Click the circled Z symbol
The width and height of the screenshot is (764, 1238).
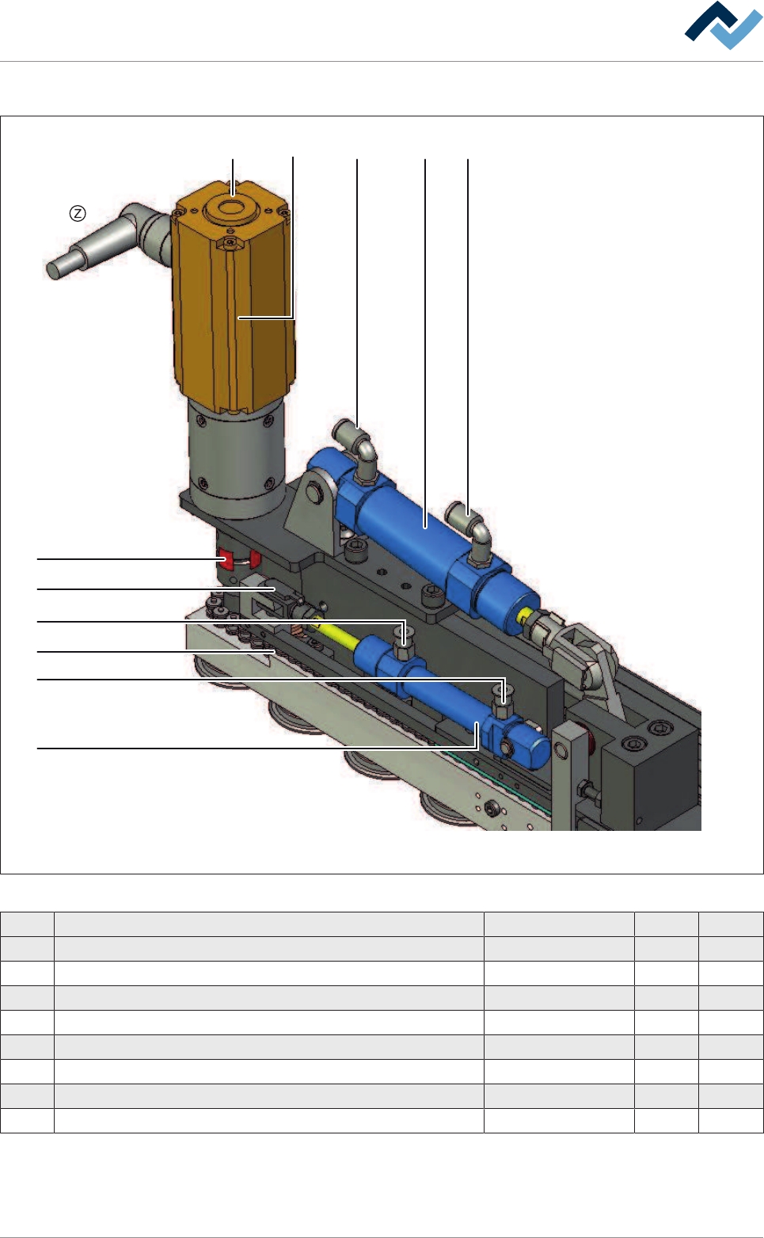[x=78, y=213]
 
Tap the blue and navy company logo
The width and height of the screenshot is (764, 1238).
[x=724, y=25]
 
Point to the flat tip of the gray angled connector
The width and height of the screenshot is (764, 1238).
[x=54, y=270]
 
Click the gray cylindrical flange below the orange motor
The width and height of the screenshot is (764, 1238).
[x=237, y=458]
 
